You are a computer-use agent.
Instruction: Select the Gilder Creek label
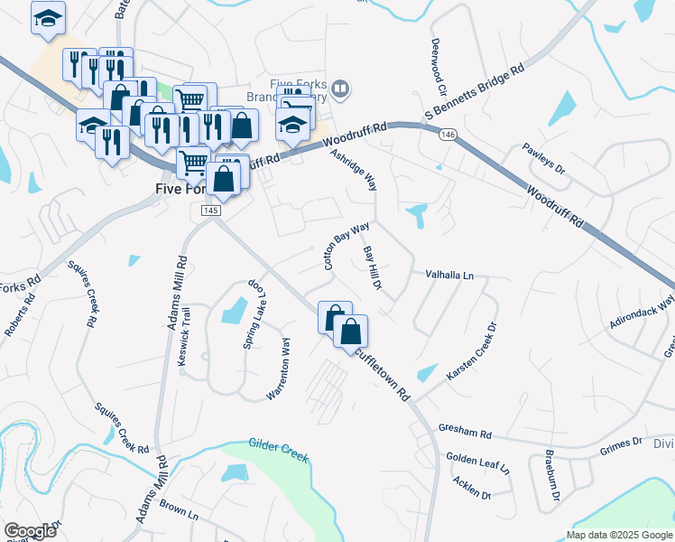[x=278, y=450]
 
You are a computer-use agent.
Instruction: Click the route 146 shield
[x=448, y=135]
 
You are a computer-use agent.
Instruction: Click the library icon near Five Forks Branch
[x=340, y=89]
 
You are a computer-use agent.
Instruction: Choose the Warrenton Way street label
[x=278, y=369]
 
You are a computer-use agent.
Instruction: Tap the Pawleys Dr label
[x=547, y=157]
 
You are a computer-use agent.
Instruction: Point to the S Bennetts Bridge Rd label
[x=475, y=92]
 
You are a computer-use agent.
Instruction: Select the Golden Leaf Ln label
[x=477, y=464]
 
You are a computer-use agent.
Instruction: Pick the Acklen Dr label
[x=472, y=488]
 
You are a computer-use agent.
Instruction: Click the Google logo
[x=30, y=531]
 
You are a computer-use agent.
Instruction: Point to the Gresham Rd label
[x=465, y=434]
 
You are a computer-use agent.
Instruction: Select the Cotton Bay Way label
[x=347, y=246]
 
